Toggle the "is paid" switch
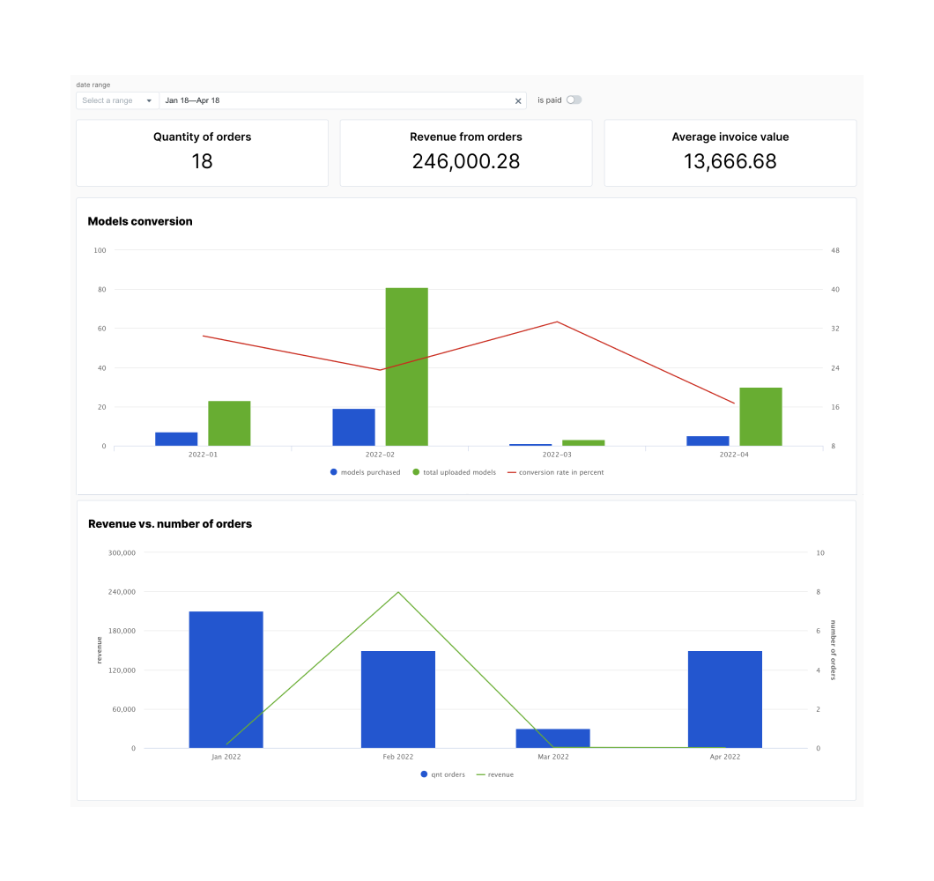click(x=574, y=100)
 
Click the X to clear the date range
click(x=518, y=101)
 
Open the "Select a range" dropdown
click(x=117, y=100)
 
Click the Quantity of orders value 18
click(x=202, y=161)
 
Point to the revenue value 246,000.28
click(x=465, y=161)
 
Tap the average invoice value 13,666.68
click(x=730, y=161)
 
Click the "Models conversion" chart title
click(x=140, y=221)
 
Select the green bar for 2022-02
click(x=406, y=366)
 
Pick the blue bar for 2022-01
click(x=176, y=439)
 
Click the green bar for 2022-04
click(x=760, y=417)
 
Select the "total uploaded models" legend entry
click(x=454, y=472)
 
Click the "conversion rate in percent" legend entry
click(x=555, y=472)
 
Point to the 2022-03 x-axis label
click(x=557, y=455)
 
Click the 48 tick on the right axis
click(x=834, y=250)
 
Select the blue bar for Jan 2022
click(x=226, y=679)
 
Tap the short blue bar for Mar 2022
click(x=552, y=738)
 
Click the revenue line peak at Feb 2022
click(x=398, y=592)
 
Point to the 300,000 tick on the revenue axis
click(x=122, y=553)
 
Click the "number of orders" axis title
click(x=834, y=650)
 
